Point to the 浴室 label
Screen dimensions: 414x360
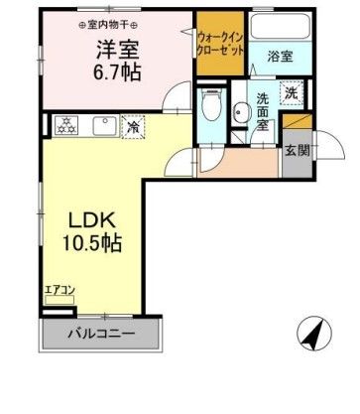pyautogui.click(x=280, y=58)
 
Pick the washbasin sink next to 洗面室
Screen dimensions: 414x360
pyautogui.click(x=240, y=113)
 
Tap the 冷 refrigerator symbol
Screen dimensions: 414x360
pyautogui.click(x=132, y=126)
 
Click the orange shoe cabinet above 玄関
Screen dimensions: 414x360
pyautogui.click(x=296, y=122)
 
